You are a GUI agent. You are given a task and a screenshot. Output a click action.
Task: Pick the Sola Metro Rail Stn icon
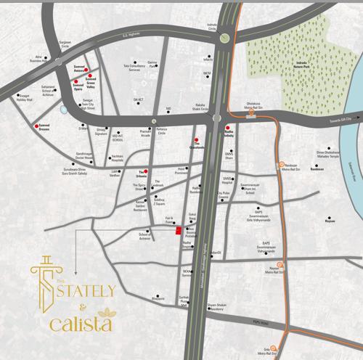tap(274, 348)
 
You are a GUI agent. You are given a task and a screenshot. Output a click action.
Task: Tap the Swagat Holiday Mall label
tap(25, 97)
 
